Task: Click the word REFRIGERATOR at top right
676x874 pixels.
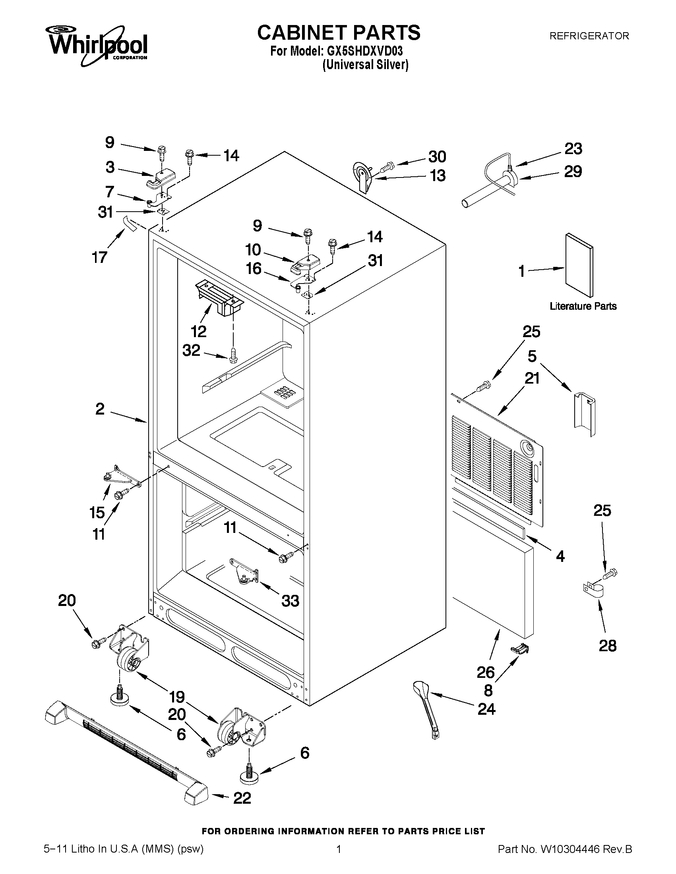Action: click(589, 36)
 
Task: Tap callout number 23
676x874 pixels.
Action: click(573, 149)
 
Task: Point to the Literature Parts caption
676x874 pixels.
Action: click(583, 306)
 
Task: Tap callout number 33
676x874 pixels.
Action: click(290, 601)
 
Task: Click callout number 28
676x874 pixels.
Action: click(608, 646)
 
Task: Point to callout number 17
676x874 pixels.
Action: click(99, 257)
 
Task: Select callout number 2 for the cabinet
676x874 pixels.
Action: click(100, 409)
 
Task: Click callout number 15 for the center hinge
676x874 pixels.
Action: click(97, 513)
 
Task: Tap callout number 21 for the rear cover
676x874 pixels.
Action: click(532, 378)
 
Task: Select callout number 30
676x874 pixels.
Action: click(437, 156)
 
